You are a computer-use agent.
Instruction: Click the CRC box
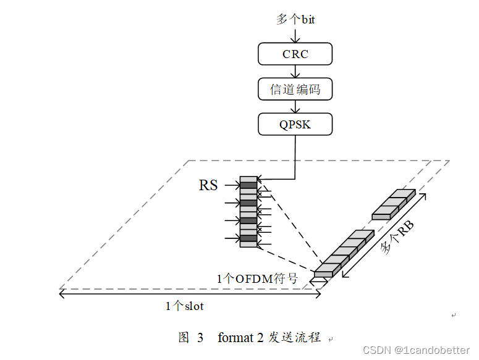(x=295, y=54)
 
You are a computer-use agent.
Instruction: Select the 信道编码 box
(x=295, y=90)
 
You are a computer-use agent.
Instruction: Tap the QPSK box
(x=295, y=125)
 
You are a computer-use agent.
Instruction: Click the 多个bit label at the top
(x=295, y=20)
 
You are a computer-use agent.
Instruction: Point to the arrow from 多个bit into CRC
(x=295, y=35)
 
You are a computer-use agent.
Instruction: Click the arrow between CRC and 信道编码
(x=295, y=71)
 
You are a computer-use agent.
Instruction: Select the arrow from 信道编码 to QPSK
(x=295, y=107)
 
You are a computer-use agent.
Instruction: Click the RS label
(x=208, y=185)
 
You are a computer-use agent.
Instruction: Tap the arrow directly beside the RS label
(x=232, y=185)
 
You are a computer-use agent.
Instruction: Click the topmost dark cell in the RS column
(x=248, y=185)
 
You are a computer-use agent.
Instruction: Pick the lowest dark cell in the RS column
(x=248, y=238)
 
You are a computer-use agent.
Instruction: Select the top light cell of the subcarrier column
(x=248, y=179)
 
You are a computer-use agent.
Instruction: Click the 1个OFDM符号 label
(x=257, y=279)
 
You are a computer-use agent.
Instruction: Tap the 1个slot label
(x=185, y=306)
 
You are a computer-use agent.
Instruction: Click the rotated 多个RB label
(x=397, y=238)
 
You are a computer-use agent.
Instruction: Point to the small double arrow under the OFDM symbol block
(x=320, y=280)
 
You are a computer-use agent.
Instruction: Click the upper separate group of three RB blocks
(x=394, y=204)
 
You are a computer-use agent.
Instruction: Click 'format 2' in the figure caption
(x=240, y=338)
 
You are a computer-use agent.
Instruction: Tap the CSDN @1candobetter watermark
(x=416, y=350)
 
